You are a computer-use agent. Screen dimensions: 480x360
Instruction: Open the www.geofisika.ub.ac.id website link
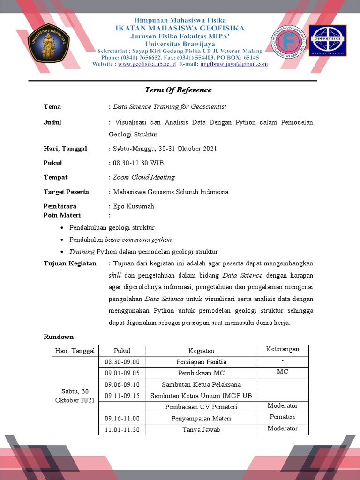click(146, 64)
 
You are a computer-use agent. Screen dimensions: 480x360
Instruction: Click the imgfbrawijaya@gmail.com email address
click(234, 64)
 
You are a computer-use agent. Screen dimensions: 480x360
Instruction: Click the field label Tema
click(52, 107)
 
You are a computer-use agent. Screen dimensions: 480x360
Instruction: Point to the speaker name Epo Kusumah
click(133, 206)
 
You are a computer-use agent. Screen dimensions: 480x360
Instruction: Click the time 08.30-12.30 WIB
click(138, 163)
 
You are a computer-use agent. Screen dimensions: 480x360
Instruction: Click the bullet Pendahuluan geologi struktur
click(112, 228)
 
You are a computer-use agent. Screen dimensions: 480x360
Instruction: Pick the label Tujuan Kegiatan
click(70, 263)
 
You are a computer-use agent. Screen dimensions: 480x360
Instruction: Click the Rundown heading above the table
click(59, 337)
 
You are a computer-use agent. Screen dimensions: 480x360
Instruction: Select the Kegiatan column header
click(201, 351)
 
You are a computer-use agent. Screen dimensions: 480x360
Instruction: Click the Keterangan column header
click(283, 350)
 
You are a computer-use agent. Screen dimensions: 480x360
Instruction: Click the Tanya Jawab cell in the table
click(201, 429)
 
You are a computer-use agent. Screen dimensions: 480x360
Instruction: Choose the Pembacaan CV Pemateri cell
click(201, 407)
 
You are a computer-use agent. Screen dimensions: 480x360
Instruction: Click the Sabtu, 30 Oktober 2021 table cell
click(75, 396)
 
